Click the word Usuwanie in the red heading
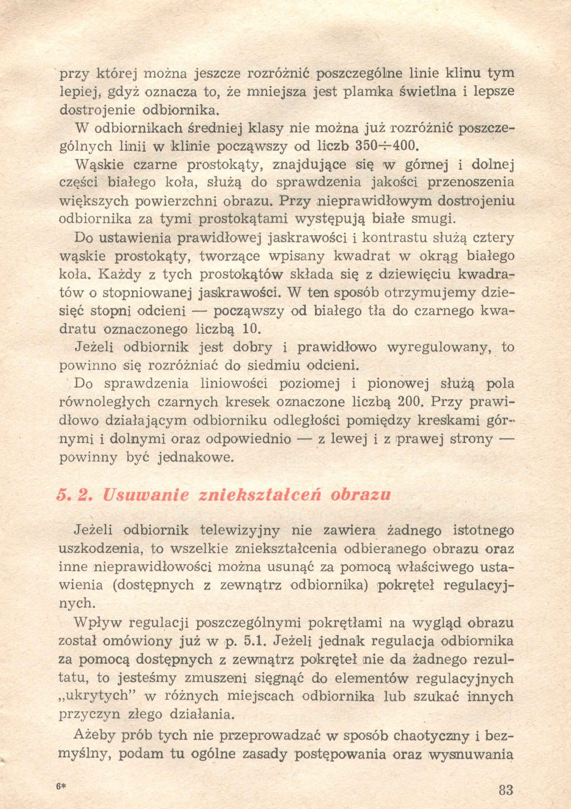click(146, 495)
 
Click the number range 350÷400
click(385, 146)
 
